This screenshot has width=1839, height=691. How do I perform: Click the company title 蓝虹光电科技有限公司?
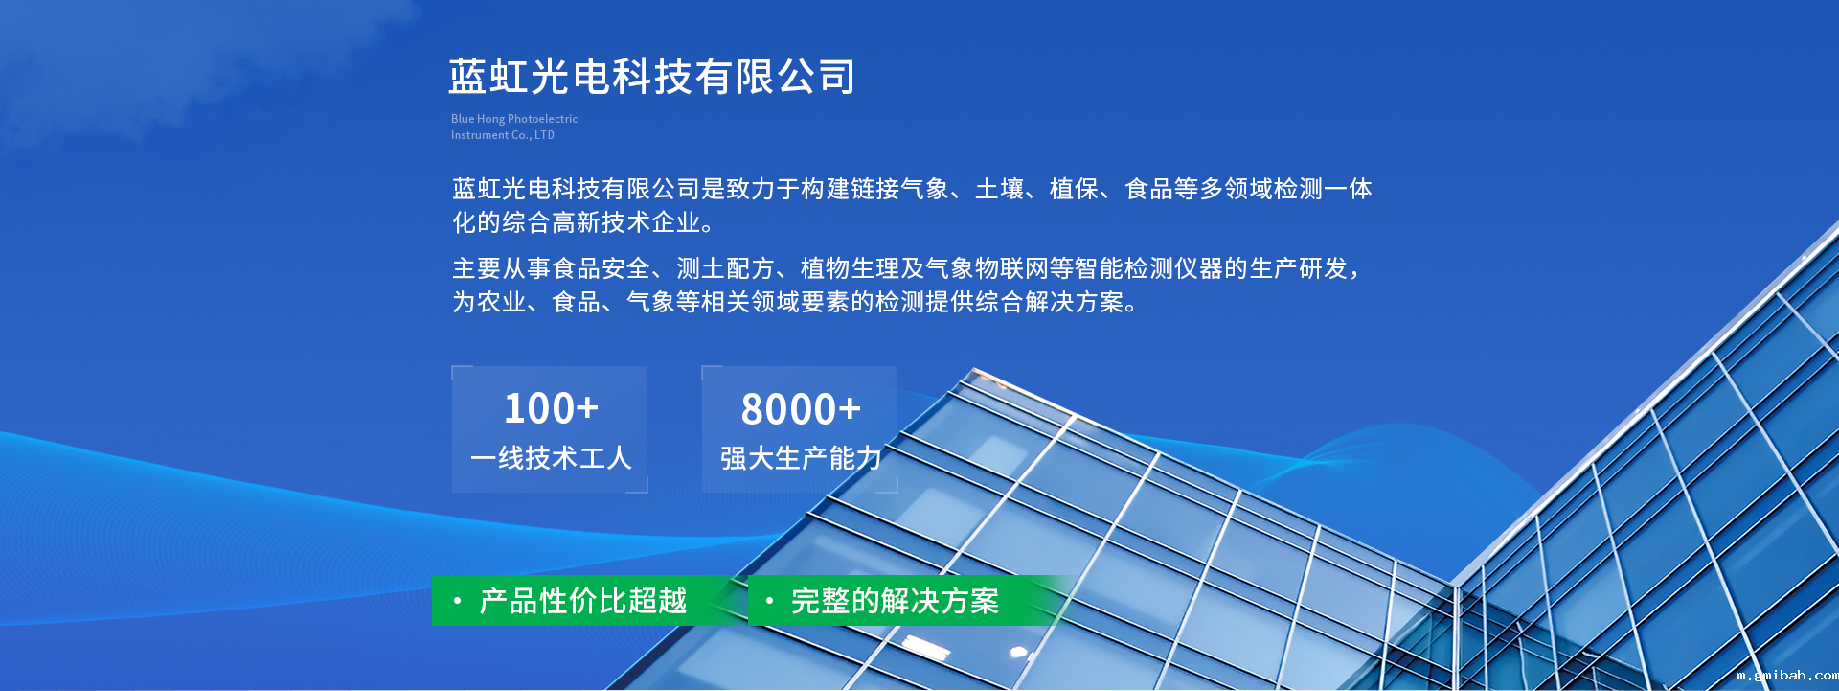tap(652, 77)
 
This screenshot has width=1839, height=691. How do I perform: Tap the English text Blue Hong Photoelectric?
tap(514, 119)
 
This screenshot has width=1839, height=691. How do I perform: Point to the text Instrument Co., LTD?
tap(503, 135)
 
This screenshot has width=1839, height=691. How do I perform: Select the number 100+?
tap(551, 408)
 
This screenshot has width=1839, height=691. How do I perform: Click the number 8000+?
tap(801, 409)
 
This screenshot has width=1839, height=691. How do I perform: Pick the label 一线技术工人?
tap(551, 458)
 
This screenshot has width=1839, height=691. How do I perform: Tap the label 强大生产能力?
tap(801, 459)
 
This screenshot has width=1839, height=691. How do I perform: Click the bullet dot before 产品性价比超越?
tap(458, 601)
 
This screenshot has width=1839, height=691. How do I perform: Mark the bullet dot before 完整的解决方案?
tap(769, 601)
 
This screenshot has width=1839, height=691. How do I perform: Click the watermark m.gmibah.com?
tap(1787, 676)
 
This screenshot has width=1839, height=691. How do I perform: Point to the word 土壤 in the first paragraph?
tap(999, 189)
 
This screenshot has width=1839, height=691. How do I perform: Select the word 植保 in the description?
tap(1074, 189)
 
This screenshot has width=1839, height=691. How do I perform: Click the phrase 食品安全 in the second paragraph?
tap(602, 268)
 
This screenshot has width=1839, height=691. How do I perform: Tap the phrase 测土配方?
tap(726, 268)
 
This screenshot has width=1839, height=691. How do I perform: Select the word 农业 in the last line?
tap(502, 302)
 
